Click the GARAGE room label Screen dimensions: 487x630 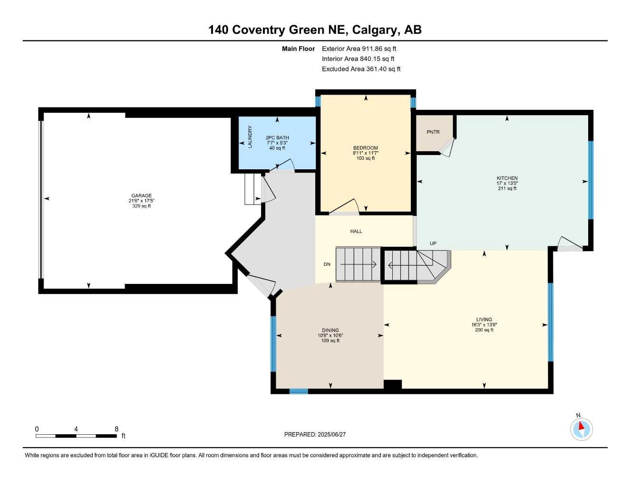pyautogui.click(x=142, y=195)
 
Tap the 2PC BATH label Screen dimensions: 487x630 pyautogui.click(x=277, y=138)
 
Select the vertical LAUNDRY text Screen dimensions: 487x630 pyautogui.click(x=250, y=137)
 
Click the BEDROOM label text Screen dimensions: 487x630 pyautogui.click(x=365, y=148)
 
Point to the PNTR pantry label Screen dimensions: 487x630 pyautogui.click(x=433, y=132)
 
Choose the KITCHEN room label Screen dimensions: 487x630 pyautogui.click(x=507, y=178)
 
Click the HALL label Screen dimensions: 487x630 pyautogui.click(x=356, y=232)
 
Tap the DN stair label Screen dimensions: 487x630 pyautogui.click(x=327, y=264)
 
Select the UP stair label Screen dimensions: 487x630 pyautogui.click(x=433, y=243)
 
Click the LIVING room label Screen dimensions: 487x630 pyautogui.click(x=484, y=320)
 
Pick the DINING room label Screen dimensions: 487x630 pyautogui.click(x=330, y=331)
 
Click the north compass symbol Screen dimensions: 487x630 pyautogui.click(x=581, y=429)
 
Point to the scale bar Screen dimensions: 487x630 pyautogui.click(x=76, y=436)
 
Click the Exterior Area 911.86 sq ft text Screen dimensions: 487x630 pyautogui.click(x=359, y=49)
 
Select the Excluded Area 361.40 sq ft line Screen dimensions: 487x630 pyautogui.click(x=361, y=69)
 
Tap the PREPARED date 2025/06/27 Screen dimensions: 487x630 pyautogui.click(x=315, y=434)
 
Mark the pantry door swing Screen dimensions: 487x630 pyautogui.click(x=446, y=148)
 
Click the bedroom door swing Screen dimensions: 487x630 pyautogui.click(x=345, y=207)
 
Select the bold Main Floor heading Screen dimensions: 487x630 pyautogui.click(x=298, y=49)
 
